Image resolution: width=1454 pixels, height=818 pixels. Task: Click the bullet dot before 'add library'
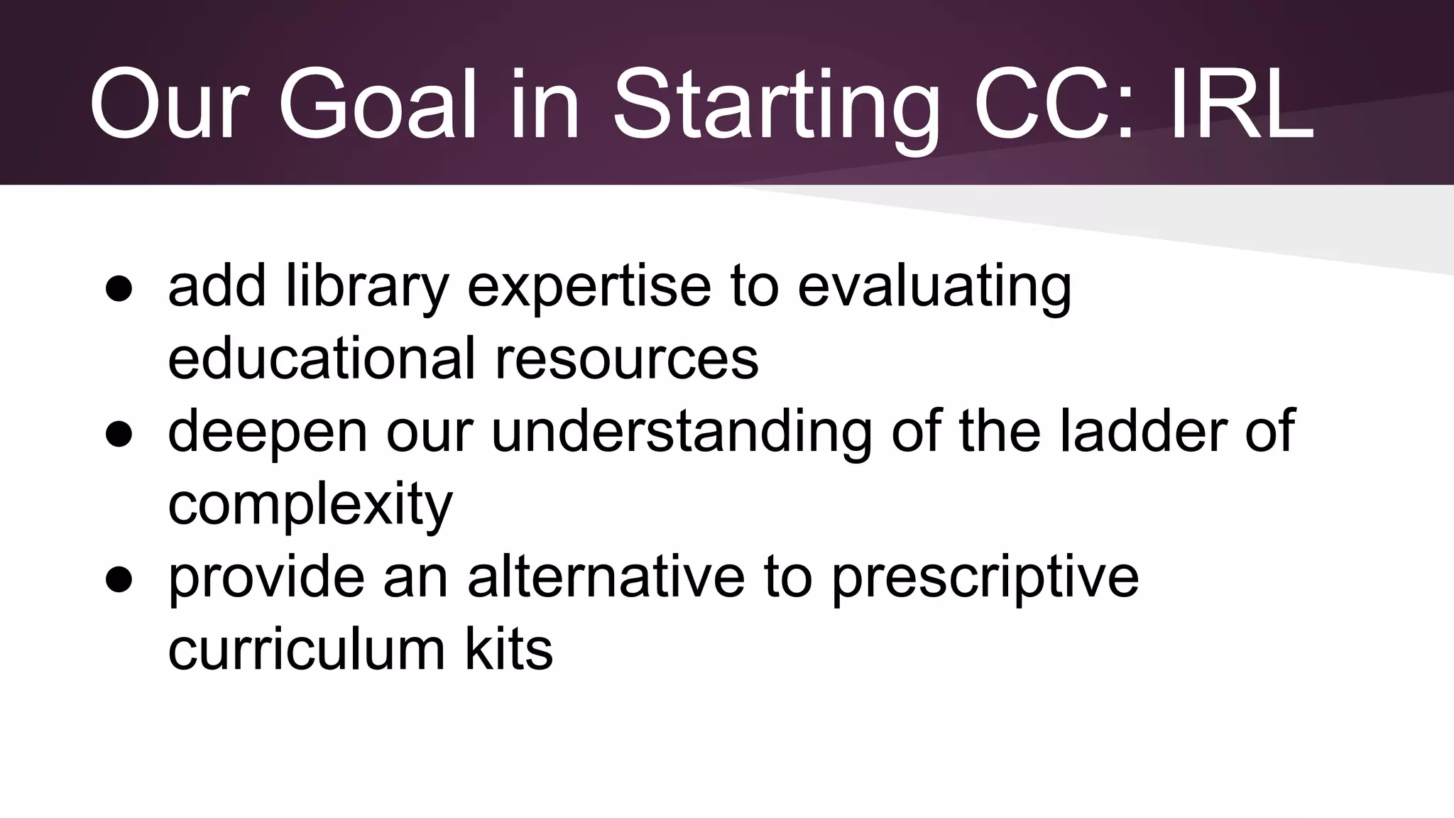click(x=119, y=290)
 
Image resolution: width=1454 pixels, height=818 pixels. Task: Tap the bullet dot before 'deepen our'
click(x=119, y=435)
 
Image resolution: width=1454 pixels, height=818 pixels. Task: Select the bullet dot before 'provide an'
click(x=119, y=579)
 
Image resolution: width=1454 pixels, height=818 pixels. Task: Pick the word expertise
click(x=589, y=287)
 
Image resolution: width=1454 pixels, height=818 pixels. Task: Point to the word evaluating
click(x=934, y=287)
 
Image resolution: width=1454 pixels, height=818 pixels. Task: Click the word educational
click(x=321, y=358)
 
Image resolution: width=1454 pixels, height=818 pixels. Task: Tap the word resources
click(x=626, y=358)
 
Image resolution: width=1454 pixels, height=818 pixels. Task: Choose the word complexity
click(x=310, y=504)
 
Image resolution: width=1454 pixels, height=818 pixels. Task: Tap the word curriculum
click(x=306, y=649)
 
